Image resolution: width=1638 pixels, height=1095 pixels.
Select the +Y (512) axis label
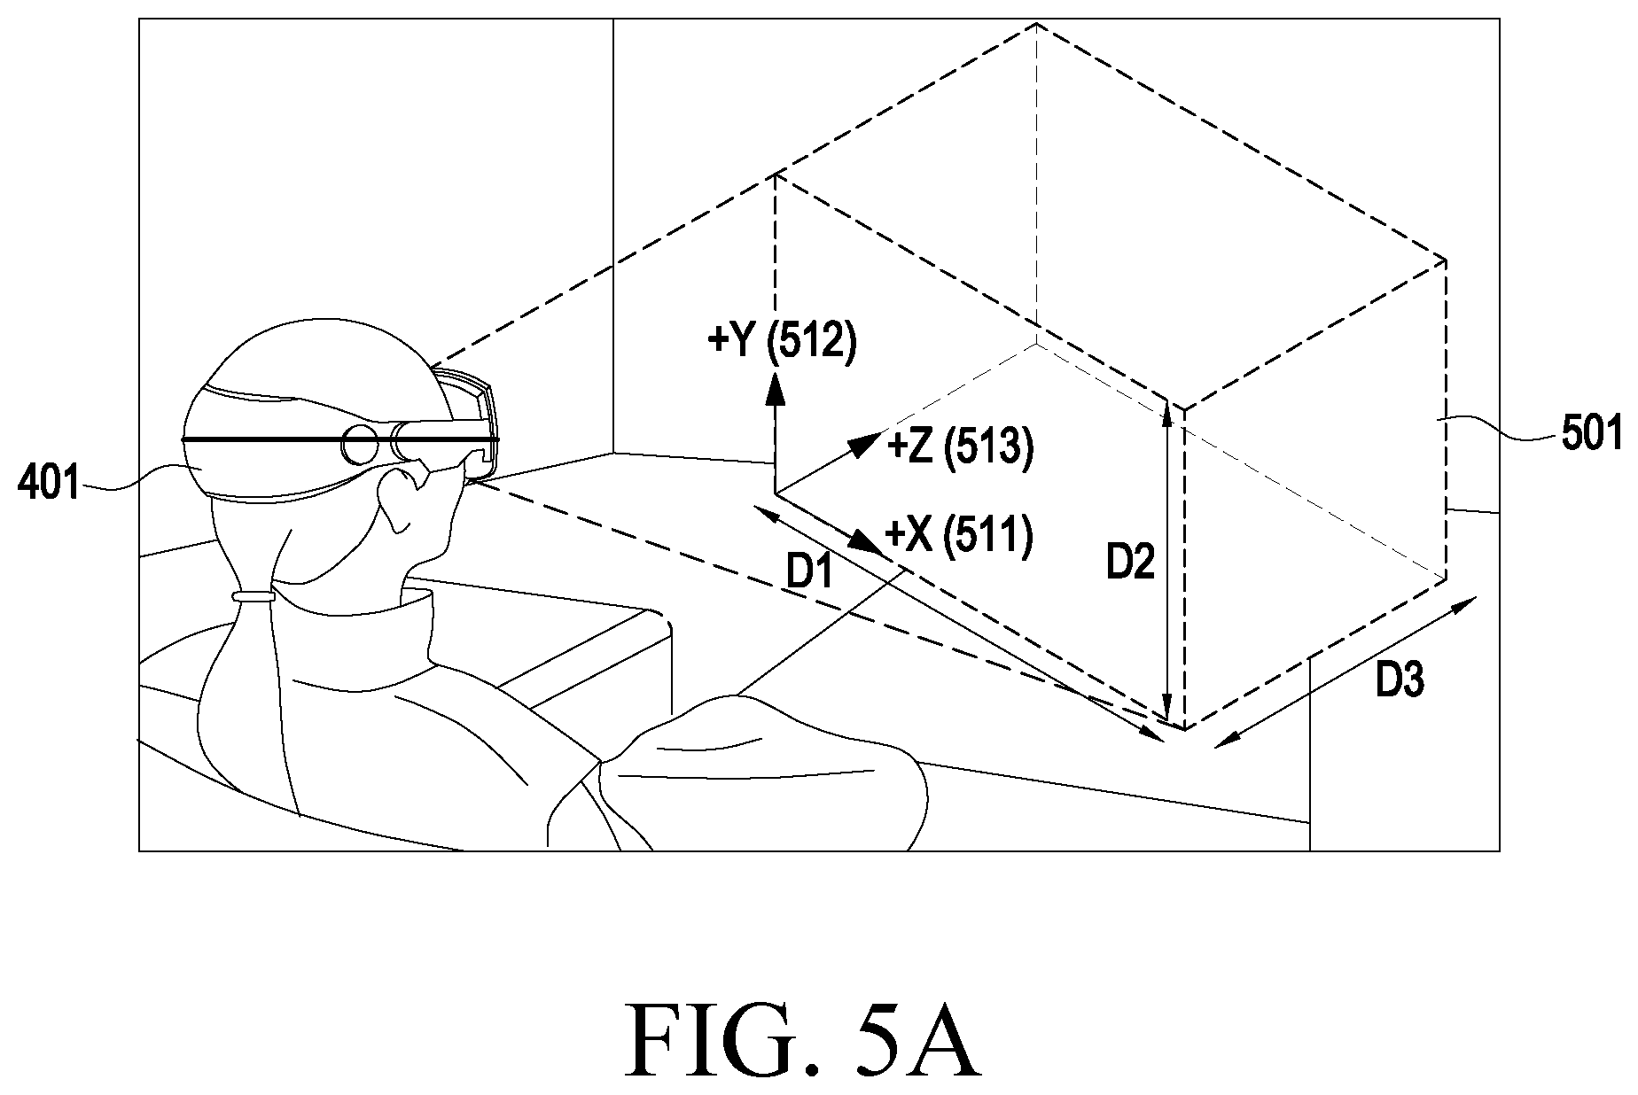coord(782,341)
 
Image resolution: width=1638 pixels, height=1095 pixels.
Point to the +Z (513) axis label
coord(960,449)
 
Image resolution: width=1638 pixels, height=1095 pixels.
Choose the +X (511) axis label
coord(959,538)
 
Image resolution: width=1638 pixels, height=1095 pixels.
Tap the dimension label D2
coord(1130,563)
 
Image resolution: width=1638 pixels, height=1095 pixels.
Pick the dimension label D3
coord(1400,680)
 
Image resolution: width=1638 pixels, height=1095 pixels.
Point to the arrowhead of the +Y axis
coord(776,387)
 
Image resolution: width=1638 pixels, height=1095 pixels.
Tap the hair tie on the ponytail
coord(253,596)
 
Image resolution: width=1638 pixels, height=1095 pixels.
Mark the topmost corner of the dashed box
coord(1035,24)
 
